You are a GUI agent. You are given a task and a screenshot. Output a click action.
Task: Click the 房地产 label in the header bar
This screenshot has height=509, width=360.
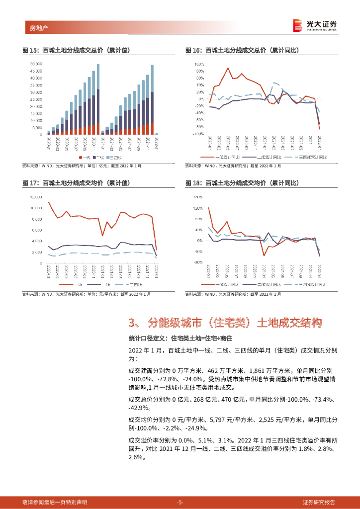[33, 27]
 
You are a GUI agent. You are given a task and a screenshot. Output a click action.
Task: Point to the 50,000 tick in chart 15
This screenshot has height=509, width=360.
[36, 64]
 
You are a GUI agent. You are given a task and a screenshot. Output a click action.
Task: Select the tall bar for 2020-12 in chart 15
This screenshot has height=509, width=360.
[98, 99]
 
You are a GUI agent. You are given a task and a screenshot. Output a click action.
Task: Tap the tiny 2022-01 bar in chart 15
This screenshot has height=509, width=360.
[157, 134]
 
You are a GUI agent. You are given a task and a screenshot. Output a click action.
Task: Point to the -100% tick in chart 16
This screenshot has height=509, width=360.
[198, 134]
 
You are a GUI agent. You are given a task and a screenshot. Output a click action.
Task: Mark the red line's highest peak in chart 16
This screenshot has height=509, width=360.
[228, 68]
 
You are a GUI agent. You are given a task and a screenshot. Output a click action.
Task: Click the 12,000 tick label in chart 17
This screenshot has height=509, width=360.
[36, 196]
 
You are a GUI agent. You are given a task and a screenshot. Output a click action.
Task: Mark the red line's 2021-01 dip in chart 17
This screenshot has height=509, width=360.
[102, 235]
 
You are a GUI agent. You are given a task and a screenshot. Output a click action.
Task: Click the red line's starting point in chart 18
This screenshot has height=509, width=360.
[208, 208]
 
